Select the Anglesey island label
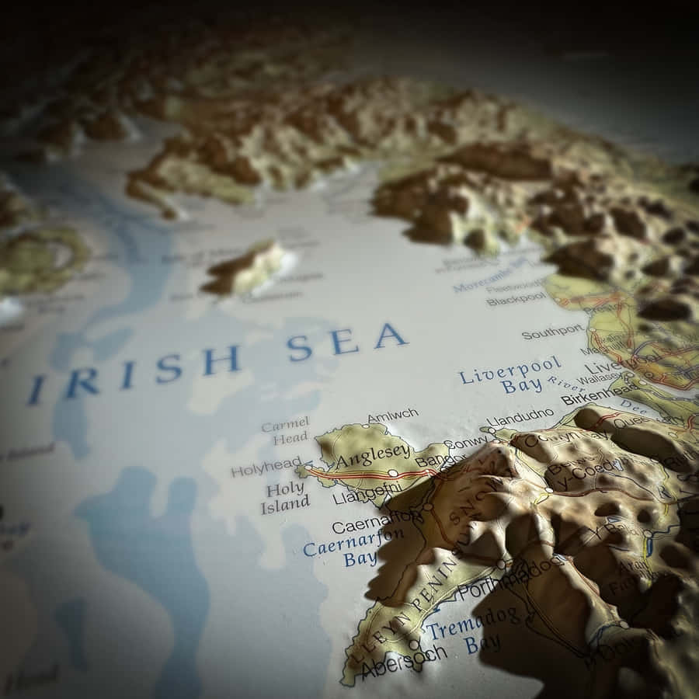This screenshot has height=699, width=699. coord(373,454)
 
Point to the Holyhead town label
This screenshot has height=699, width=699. coord(266,468)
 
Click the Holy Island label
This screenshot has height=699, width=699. coord(285,497)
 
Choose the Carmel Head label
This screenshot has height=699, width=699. coord(285,431)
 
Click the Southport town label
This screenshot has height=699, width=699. coord(552,332)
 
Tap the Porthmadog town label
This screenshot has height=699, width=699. coord(509,579)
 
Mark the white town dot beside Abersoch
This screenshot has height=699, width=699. coord(413,644)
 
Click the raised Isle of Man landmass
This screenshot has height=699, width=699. coord(245,268)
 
